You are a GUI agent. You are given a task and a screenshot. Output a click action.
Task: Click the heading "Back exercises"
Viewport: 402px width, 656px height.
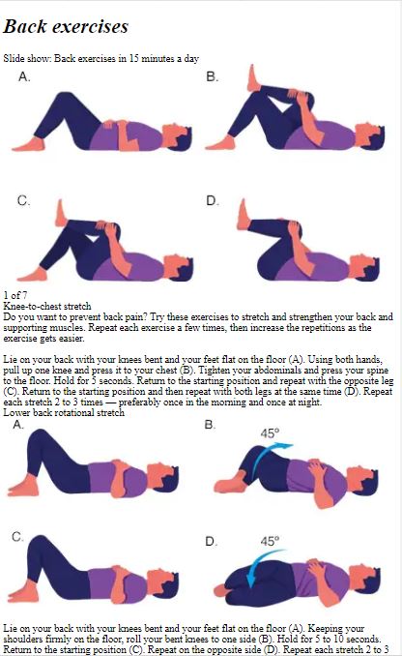pyautogui.click(x=66, y=26)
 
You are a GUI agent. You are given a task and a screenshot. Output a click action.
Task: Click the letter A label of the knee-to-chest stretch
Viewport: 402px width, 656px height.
pyautogui.click(x=25, y=77)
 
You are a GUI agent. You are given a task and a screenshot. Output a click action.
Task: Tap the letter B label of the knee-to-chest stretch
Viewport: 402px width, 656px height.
pyautogui.click(x=213, y=77)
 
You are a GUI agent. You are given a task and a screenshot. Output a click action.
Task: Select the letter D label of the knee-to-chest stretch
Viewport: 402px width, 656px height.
pyautogui.click(x=213, y=201)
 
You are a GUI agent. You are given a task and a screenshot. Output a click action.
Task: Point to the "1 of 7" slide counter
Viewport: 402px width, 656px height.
pyautogui.click(x=15, y=295)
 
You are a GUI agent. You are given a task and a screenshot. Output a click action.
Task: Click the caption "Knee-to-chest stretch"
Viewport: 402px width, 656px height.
pyautogui.click(x=47, y=306)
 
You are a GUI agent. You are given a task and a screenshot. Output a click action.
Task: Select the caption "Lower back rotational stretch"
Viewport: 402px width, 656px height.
pyautogui.click(x=64, y=413)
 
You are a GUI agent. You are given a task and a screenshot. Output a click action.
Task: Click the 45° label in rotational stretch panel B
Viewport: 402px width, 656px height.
pyautogui.click(x=270, y=433)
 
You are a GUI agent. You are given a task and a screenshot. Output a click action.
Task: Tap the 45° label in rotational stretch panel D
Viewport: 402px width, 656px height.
pyautogui.click(x=270, y=541)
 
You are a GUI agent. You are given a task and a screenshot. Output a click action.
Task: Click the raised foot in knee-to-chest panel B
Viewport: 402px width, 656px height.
pyautogui.click(x=253, y=78)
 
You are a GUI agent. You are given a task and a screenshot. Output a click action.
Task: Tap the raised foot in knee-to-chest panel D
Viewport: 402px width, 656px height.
pyautogui.click(x=244, y=214)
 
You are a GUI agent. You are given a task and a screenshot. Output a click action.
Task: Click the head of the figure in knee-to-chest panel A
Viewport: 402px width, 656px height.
pyautogui.click(x=178, y=136)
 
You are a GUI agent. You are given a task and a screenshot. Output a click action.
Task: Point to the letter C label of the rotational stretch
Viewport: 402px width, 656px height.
pyautogui.click(x=18, y=537)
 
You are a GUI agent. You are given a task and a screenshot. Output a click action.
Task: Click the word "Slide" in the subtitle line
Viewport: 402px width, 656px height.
pyautogui.click(x=13, y=58)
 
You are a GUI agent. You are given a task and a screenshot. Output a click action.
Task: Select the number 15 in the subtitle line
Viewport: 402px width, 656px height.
pyautogui.click(x=133, y=58)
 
